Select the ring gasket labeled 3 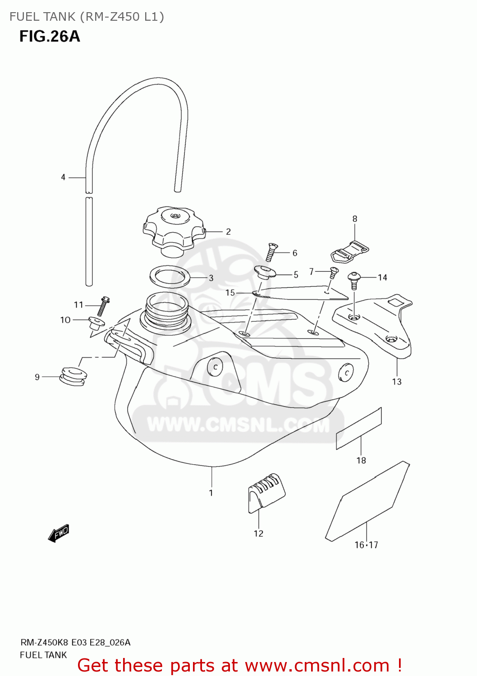tap(170, 276)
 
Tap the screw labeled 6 tap(271, 251)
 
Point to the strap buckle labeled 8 tap(350, 251)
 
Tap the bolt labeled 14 tap(354, 280)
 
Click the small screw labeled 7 tap(333, 272)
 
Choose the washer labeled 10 tap(96, 322)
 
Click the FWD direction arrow tap(59, 533)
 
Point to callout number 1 tap(211, 493)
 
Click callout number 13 tap(397, 382)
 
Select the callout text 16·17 tap(366, 545)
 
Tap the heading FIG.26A tap(50, 37)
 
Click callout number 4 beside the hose tap(63, 178)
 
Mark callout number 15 tap(230, 293)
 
